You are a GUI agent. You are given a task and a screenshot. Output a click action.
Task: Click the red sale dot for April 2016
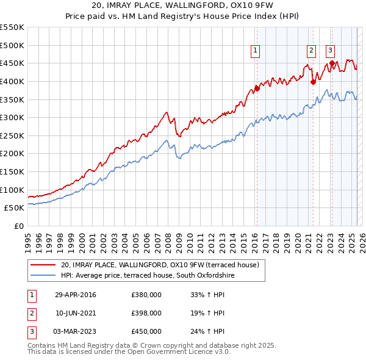pos(257,88)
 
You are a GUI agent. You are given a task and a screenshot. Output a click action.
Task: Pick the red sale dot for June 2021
pos(313,82)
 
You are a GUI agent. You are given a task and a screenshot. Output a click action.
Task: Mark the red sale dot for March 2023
pos(332,63)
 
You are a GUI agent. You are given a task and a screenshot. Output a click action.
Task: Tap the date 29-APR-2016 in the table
pos(76,295)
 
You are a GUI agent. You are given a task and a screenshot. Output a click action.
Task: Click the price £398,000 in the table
pos(146,313)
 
